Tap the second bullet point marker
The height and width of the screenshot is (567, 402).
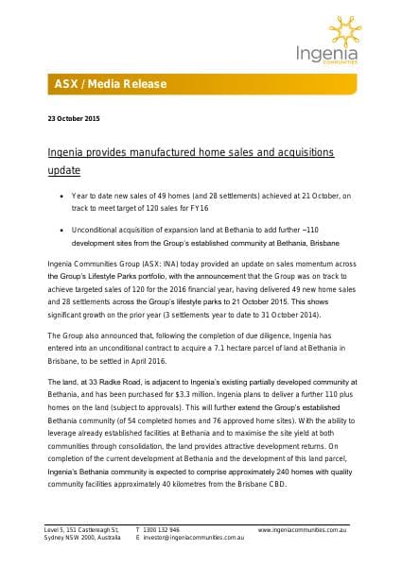pos(60,230)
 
